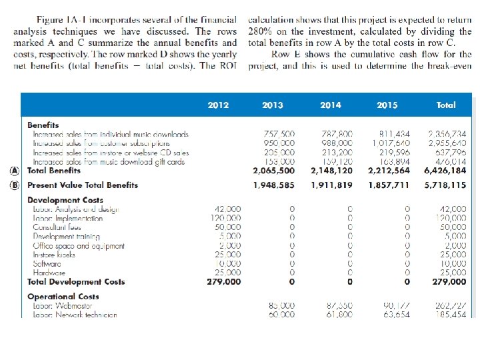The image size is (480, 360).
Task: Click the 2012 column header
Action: click(x=218, y=105)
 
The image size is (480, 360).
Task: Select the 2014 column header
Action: click(x=331, y=105)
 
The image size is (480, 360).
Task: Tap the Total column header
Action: click(x=446, y=105)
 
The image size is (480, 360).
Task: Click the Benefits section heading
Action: click(x=43, y=125)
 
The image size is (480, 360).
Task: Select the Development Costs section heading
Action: click(x=65, y=200)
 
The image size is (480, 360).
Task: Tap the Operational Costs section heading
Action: click(x=63, y=297)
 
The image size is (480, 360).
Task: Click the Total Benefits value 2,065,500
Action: click(x=274, y=171)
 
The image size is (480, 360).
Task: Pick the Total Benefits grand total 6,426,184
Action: click(x=445, y=171)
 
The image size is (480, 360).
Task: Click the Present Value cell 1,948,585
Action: click(x=274, y=185)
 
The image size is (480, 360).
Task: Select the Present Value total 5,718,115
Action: click(x=445, y=185)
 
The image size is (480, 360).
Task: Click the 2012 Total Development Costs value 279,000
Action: click(x=224, y=282)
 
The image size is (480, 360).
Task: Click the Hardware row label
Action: click(x=49, y=273)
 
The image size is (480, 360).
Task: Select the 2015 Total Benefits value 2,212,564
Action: click(x=389, y=171)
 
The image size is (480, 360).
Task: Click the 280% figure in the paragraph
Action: click(x=259, y=31)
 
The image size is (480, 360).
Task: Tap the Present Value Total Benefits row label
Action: click(x=83, y=185)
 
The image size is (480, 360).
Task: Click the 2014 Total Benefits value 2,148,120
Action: click(x=331, y=171)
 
